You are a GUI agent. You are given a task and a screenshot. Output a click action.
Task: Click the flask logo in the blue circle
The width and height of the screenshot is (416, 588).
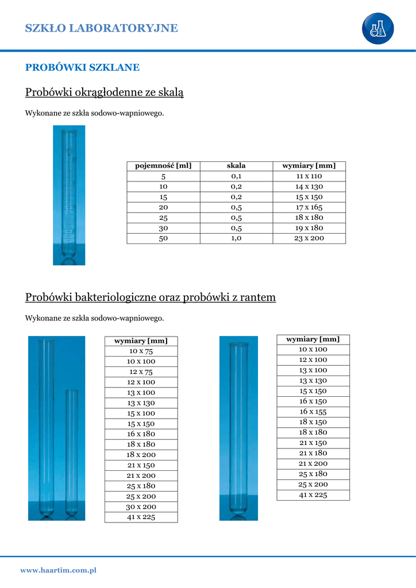(378, 28)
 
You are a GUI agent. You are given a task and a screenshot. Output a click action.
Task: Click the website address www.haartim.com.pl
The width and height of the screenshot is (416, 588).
(58, 570)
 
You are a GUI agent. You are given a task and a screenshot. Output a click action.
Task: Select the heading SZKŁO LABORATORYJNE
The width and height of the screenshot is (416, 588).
(102, 28)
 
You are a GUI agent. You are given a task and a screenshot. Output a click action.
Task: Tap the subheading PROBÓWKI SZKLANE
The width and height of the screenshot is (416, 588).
(82, 68)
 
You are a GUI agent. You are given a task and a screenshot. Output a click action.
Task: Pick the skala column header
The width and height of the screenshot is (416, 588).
(236, 166)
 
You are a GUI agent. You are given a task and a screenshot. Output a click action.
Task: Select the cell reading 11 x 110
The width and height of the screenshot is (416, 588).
(309, 176)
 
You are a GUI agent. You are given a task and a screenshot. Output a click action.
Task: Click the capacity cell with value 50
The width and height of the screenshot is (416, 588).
(163, 238)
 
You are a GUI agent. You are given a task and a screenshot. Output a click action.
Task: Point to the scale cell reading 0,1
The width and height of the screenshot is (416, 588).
(236, 176)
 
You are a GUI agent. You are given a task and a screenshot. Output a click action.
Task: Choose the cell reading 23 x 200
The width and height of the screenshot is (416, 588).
(309, 238)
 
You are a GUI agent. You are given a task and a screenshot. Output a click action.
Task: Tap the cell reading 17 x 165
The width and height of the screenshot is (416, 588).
(309, 207)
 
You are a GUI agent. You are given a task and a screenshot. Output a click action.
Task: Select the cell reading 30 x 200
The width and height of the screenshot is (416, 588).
(141, 507)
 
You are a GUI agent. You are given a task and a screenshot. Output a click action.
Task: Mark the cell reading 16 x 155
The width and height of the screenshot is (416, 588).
(313, 412)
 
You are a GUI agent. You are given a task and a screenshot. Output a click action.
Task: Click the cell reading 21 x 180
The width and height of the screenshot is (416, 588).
(313, 453)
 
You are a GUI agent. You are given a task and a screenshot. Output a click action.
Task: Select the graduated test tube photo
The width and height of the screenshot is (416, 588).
(69, 195)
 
